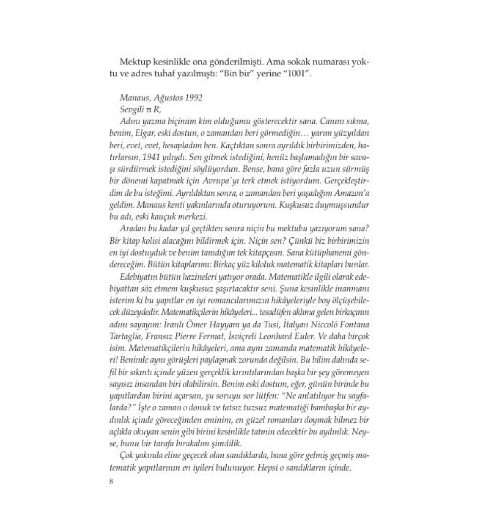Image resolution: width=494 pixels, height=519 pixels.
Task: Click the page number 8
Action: pyautogui.click(x=111, y=481)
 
